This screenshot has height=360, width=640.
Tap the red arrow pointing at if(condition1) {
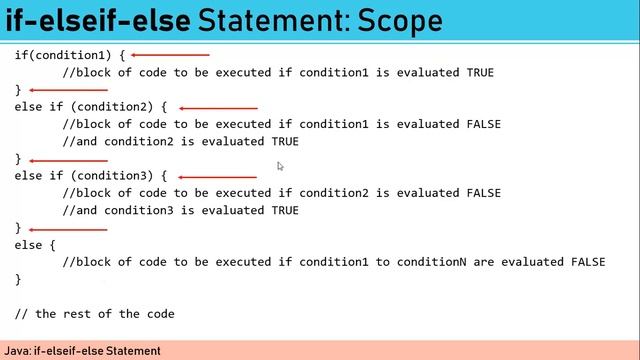(x=170, y=55)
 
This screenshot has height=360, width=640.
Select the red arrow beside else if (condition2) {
(x=218, y=107)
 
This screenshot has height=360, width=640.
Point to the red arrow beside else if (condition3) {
(x=217, y=176)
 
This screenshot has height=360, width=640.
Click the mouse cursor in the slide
(x=281, y=166)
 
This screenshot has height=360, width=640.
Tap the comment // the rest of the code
(x=95, y=314)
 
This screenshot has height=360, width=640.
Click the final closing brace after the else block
(x=18, y=279)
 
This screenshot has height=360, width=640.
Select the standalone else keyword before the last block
(x=28, y=245)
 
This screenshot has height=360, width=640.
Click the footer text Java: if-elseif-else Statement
(x=82, y=351)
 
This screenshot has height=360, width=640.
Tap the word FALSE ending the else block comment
(x=587, y=262)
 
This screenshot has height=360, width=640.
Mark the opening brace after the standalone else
(x=52, y=245)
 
